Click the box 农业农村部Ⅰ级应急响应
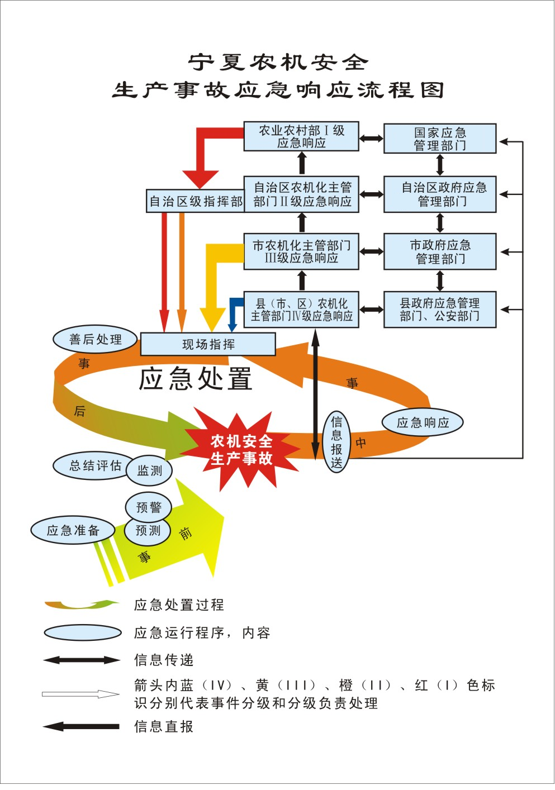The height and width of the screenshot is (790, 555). click(x=301, y=137)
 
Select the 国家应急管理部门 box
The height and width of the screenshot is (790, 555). click(x=440, y=139)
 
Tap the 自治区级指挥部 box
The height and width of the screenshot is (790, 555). click(x=196, y=201)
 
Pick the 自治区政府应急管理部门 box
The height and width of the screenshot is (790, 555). click(x=440, y=194)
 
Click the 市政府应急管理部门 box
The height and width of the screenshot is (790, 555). click(x=440, y=252)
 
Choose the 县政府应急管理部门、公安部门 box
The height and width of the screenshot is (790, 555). click(x=440, y=310)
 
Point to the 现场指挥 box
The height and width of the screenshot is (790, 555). click(x=208, y=344)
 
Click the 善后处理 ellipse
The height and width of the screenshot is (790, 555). click(x=96, y=340)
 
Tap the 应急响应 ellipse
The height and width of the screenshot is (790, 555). click(x=423, y=422)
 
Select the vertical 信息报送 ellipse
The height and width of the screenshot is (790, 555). click(x=336, y=442)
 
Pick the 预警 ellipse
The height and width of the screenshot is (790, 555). click(x=149, y=507)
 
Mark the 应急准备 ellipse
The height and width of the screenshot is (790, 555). click(x=73, y=530)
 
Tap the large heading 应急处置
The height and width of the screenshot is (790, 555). click(x=196, y=379)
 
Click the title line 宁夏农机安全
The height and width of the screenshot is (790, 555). click(x=278, y=62)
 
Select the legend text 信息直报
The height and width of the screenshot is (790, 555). click(x=164, y=726)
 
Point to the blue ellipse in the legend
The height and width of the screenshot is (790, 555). click(x=83, y=632)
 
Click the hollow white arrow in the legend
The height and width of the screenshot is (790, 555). click(x=80, y=694)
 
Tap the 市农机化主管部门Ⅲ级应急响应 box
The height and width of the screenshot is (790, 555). click(x=301, y=252)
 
